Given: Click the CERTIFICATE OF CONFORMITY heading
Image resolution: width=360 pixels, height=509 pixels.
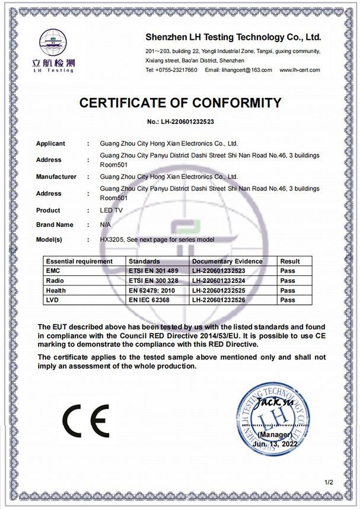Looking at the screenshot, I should [180, 103].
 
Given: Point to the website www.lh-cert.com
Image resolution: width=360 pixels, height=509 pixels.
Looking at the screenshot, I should [298, 70].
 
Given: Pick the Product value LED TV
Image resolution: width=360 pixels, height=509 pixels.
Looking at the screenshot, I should [110, 210].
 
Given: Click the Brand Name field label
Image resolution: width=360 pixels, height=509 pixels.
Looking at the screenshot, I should [55, 225].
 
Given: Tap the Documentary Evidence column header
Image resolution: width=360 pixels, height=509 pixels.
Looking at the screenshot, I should [227, 261].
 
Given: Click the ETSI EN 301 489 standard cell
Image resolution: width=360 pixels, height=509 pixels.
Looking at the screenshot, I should [153, 271].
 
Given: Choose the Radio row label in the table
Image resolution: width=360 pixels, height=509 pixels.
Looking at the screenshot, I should [55, 281].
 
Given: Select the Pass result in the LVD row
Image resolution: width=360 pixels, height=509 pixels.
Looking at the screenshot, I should [288, 301].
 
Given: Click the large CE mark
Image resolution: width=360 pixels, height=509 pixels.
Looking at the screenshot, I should [87, 421].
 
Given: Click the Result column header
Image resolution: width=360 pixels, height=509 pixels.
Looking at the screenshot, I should [290, 261].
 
